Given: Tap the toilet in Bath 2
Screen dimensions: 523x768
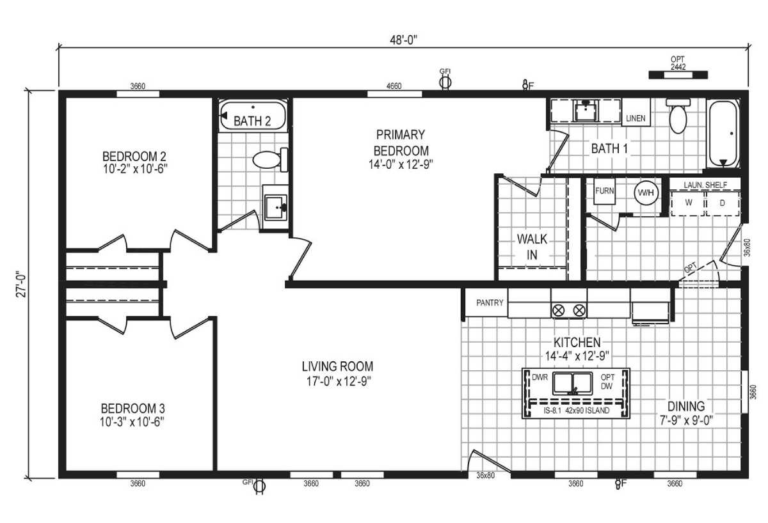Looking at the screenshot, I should click(x=268, y=159).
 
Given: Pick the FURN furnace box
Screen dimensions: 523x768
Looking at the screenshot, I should click(x=605, y=191).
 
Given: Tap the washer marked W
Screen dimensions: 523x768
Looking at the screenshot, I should click(x=689, y=203).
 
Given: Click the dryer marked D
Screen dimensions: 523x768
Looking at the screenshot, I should click(x=723, y=203).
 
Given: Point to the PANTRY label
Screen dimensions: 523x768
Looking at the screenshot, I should click(x=490, y=303).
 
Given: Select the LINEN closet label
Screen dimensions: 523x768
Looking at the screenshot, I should click(x=636, y=118).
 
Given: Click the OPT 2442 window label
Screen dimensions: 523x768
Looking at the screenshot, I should click(x=678, y=63).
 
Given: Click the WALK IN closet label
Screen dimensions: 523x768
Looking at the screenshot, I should click(x=532, y=247).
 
